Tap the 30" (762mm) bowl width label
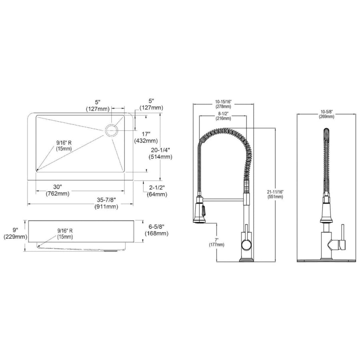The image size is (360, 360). (x=57, y=190)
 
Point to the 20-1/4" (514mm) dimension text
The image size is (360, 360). (x=160, y=154)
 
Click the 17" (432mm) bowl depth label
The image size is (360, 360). (x=146, y=137)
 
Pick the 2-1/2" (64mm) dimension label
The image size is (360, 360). (x=157, y=191)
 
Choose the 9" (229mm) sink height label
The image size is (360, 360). (x=15, y=233)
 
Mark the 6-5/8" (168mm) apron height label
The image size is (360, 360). (x=156, y=230)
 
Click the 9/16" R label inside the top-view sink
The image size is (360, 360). (x=64, y=146)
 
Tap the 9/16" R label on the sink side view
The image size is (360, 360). (x=65, y=234)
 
